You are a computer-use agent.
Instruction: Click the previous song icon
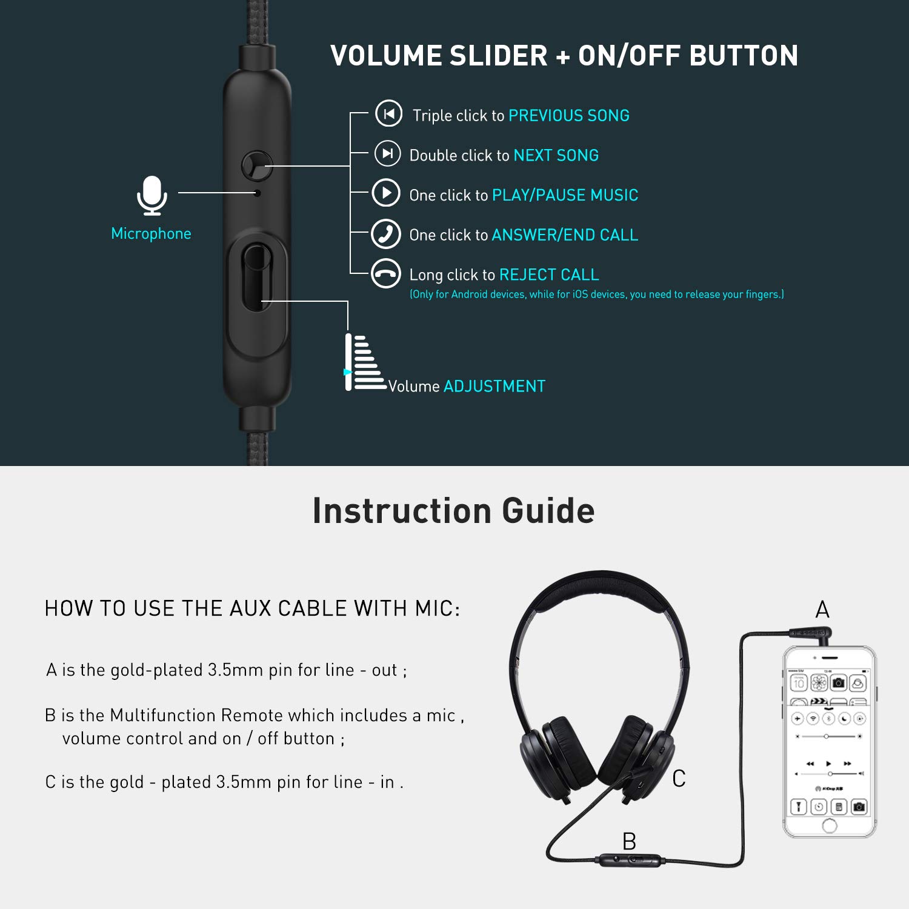(x=388, y=114)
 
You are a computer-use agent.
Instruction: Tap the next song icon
(x=388, y=153)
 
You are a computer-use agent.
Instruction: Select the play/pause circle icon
(x=386, y=193)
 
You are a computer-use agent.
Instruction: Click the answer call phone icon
(x=386, y=234)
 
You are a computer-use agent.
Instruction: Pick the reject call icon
(x=386, y=274)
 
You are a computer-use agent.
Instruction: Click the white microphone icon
(x=151, y=195)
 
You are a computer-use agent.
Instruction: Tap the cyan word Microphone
(x=151, y=234)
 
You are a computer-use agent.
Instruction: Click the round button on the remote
(x=257, y=165)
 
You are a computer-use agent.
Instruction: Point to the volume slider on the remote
(x=256, y=277)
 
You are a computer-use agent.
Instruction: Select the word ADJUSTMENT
(x=494, y=387)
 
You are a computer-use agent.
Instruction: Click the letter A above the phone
(x=822, y=610)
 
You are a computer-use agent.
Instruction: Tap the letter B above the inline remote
(x=629, y=842)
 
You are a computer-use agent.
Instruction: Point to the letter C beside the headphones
(x=679, y=779)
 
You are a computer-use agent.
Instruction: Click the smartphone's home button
(x=830, y=825)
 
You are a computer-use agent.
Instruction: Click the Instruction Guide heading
(x=453, y=511)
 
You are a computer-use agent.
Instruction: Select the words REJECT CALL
(x=549, y=275)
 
